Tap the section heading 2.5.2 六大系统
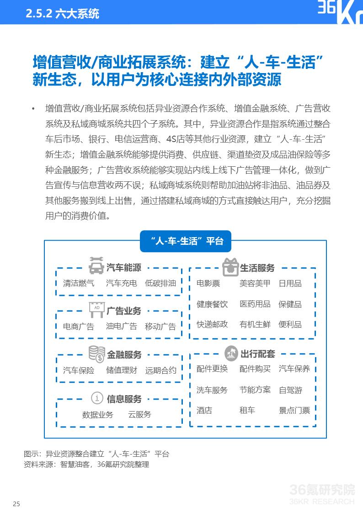63,14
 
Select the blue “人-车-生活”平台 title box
186,241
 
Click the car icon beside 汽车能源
96,266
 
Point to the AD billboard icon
96,309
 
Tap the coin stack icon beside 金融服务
96,354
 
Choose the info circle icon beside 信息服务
96,398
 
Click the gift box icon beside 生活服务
230,266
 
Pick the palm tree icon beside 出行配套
231,353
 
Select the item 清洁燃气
79,283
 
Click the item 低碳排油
160,283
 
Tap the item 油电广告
121,326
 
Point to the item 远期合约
160,370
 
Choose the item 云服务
139,414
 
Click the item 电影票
208,283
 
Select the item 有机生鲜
255,324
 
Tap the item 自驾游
290,390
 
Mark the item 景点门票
294,410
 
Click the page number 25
16,504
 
